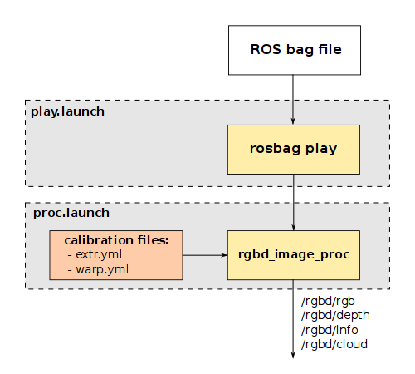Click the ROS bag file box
[295, 50]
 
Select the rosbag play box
[294, 150]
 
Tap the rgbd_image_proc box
[294, 255]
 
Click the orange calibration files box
[116, 255]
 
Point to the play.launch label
[67, 111]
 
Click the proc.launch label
[71, 213]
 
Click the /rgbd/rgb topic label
[328, 301]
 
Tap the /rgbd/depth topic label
[335, 316]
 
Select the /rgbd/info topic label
[330, 330]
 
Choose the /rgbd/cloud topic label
[334, 344]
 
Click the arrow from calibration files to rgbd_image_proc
[205, 255]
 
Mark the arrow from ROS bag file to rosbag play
[293, 100]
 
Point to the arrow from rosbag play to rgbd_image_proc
[294, 202]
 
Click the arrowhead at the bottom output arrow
[293, 355]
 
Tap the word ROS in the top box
[266, 50]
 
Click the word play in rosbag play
[321, 149]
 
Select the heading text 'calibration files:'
[116, 240]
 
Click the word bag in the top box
[300, 50]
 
